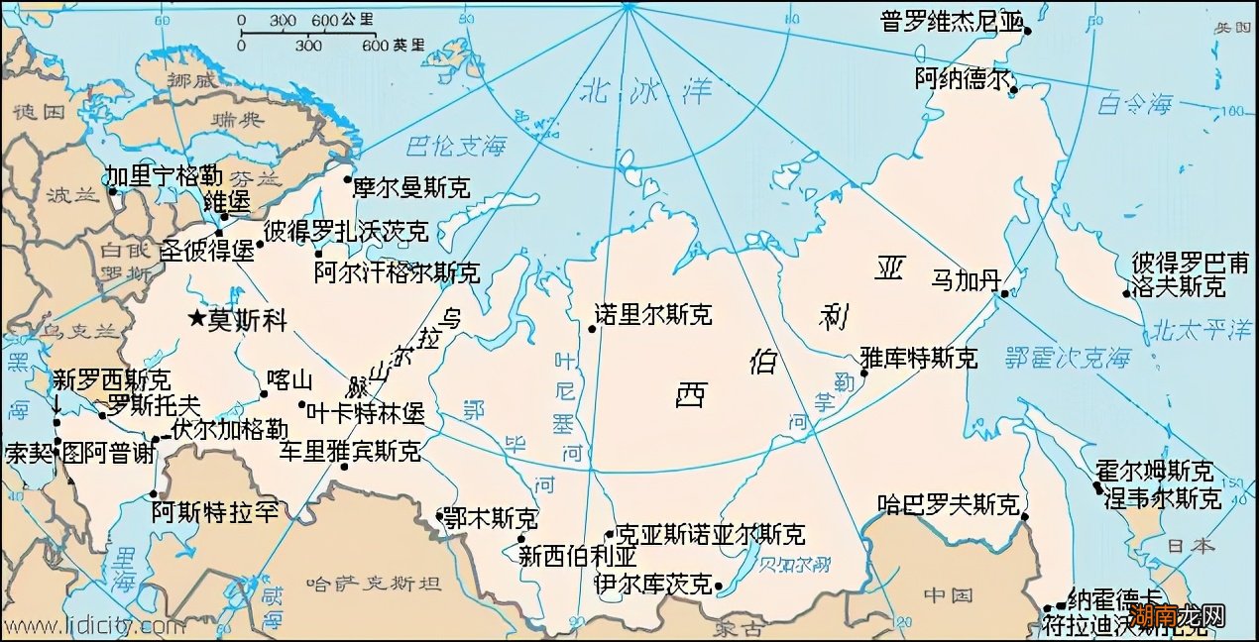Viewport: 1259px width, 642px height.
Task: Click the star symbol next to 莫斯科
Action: (197, 318)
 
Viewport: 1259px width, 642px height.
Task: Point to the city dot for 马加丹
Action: (1004, 293)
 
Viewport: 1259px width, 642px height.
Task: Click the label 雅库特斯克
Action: (918, 358)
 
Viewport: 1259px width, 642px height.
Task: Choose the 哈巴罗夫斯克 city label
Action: (948, 505)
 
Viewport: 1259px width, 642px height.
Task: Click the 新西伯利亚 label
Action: (578, 556)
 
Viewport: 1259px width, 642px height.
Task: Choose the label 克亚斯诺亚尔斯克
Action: (710, 535)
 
